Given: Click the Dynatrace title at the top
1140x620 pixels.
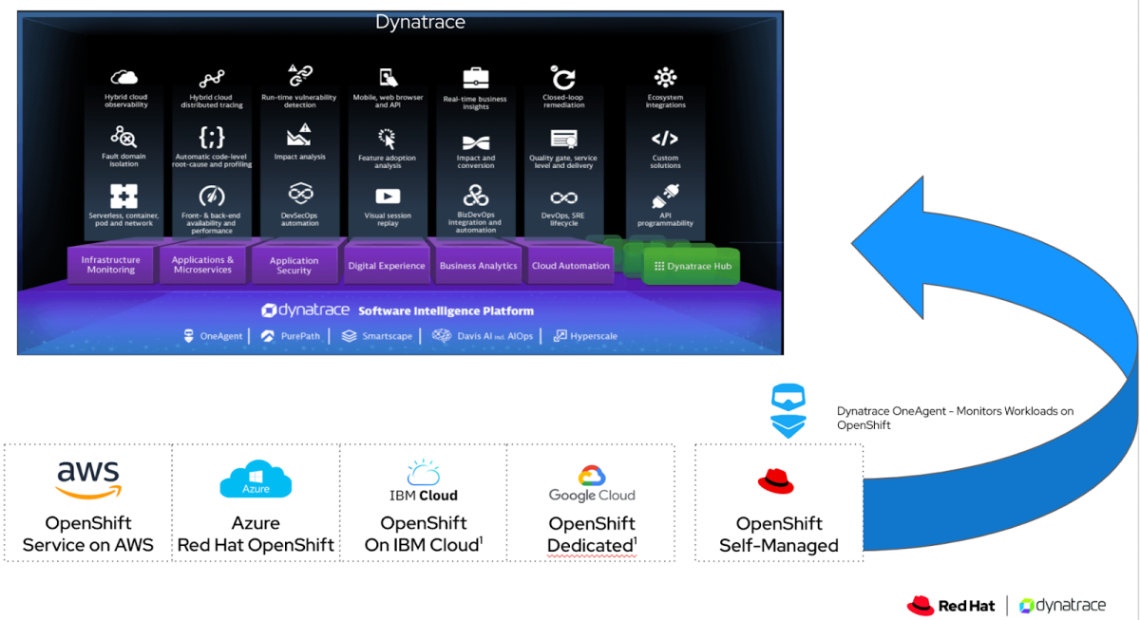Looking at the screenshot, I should tap(420, 22).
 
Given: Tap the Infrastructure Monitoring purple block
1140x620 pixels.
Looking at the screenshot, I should tap(110, 265).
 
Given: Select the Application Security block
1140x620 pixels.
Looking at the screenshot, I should tap(294, 266).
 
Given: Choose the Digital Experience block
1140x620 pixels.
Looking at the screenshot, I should tap(387, 266).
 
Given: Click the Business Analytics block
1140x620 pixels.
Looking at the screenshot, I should tap(478, 266).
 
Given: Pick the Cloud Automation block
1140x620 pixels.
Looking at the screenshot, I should tap(571, 266).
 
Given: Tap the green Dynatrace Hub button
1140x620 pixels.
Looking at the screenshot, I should tap(693, 267).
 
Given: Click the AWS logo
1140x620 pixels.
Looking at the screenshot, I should tap(88, 479).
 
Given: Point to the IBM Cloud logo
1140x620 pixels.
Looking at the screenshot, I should tap(424, 481).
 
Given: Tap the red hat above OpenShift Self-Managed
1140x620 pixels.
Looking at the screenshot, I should tap(775, 482).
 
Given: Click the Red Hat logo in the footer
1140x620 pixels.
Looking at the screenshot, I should tap(952, 605).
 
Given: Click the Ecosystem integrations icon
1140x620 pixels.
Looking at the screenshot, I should tap(665, 78).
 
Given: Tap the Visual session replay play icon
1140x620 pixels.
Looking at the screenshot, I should tap(388, 197).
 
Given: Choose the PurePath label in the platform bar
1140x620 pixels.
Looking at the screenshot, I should tap(291, 336).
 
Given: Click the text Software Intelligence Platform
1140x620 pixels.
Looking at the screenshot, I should tap(446, 310).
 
